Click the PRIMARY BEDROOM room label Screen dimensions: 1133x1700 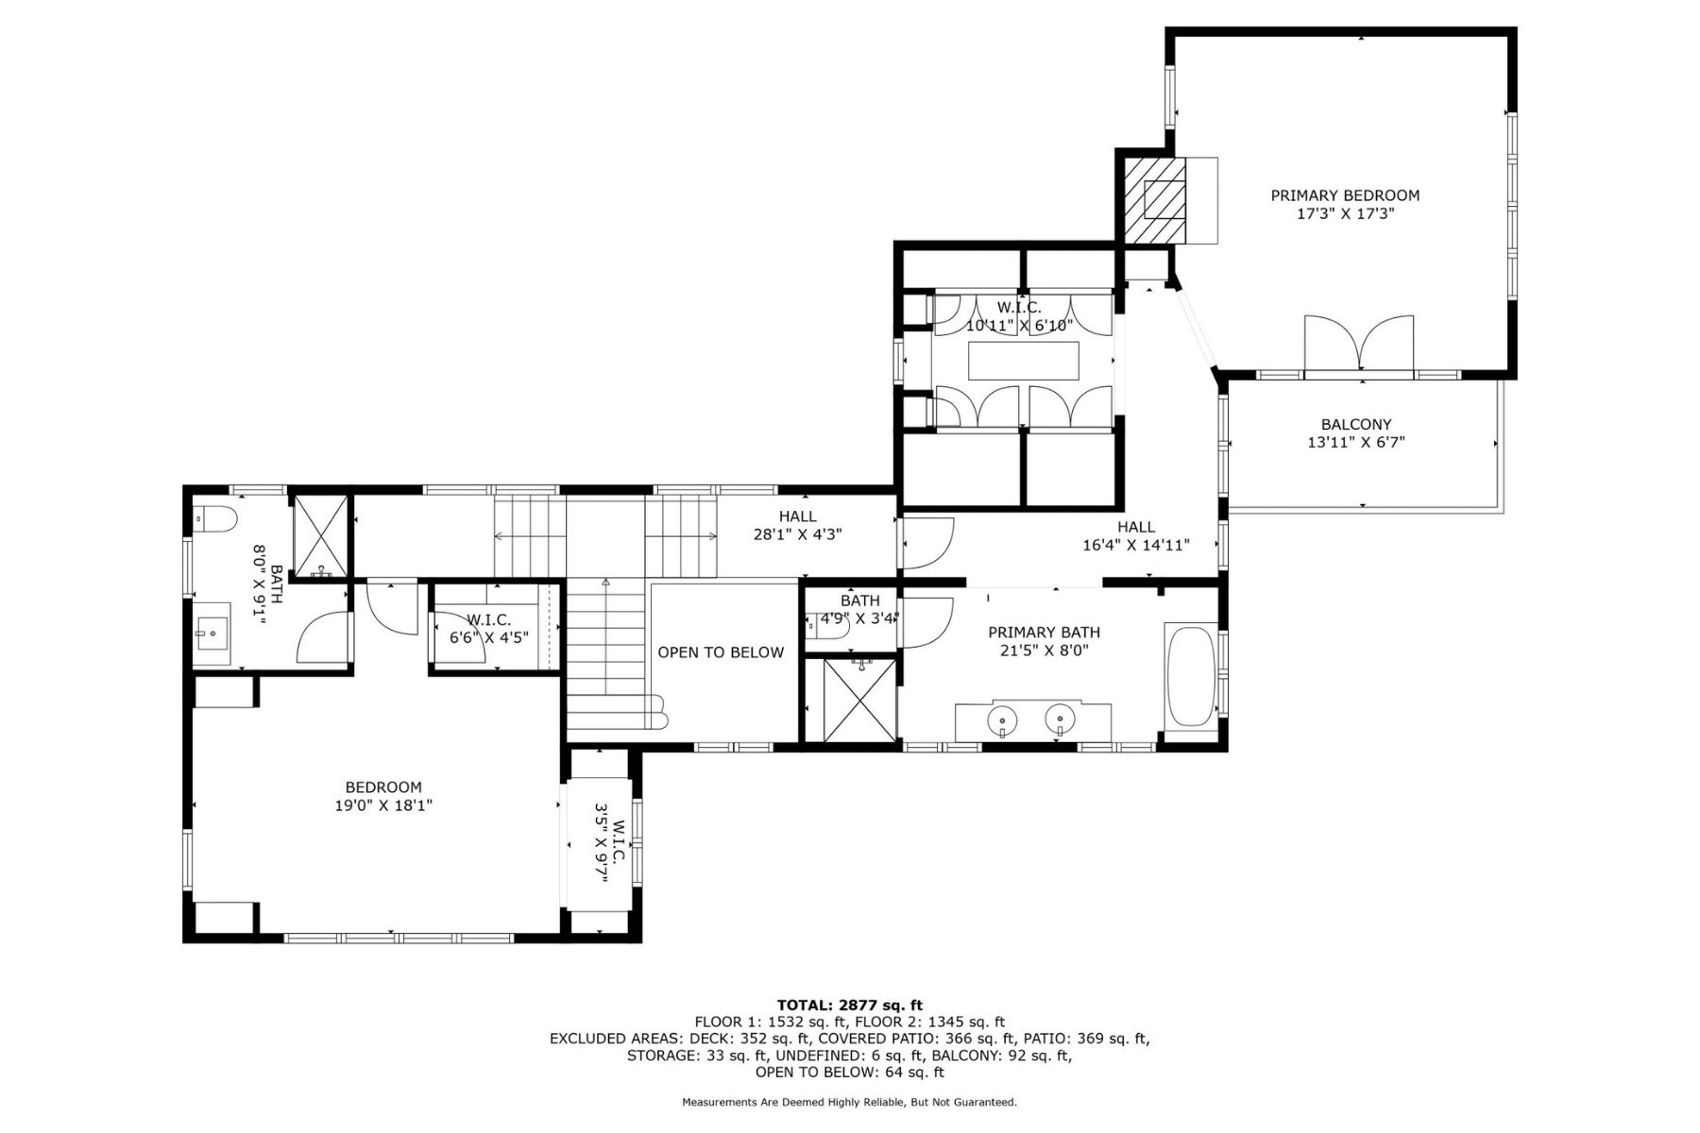(1345, 195)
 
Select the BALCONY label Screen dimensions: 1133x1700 (1355, 425)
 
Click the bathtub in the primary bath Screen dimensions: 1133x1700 (1192, 675)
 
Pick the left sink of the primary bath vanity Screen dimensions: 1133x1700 (1003, 722)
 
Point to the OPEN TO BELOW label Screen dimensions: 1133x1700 (721, 652)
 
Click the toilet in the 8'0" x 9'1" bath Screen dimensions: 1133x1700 (212, 519)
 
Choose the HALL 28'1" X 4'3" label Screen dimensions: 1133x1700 (798, 525)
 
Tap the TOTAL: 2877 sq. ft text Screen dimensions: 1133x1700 (849, 1005)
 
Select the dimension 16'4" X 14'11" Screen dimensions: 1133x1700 (1135, 545)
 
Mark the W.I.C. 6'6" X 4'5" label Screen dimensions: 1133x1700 (488, 629)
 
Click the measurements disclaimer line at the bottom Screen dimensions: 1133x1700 (849, 1102)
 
